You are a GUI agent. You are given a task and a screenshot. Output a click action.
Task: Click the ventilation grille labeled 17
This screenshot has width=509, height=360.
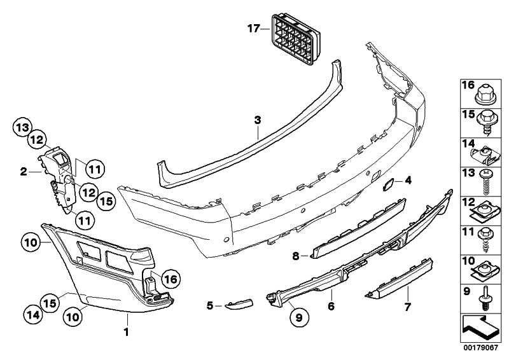tap(295, 39)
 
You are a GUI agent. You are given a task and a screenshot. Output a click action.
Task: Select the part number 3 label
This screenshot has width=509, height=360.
tap(258, 120)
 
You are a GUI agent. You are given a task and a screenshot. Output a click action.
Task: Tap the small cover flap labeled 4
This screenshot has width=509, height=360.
tap(389, 184)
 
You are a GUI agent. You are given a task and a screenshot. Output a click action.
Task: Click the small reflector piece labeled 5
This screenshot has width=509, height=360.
tap(240, 304)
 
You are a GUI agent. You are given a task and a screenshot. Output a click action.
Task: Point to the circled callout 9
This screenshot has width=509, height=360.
tap(299, 317)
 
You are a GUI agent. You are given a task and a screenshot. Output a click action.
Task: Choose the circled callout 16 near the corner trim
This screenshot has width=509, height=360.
tap(171, 279)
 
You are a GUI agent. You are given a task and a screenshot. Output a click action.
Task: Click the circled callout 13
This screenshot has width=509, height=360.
tap(23, 128)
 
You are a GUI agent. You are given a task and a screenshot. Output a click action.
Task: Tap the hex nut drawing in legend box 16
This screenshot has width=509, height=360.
tap(485, 95)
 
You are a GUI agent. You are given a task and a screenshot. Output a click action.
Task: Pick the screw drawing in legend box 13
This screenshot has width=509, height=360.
tap(485, 183)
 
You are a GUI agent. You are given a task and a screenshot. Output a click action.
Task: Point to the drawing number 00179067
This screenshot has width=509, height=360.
tap(480, 348)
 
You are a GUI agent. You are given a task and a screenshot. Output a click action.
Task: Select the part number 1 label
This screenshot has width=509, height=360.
tap(127, 332)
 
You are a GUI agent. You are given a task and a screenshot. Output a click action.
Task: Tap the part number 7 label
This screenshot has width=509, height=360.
tap(407, 307)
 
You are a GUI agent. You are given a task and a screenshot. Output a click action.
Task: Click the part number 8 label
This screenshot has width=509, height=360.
tap(295, 256)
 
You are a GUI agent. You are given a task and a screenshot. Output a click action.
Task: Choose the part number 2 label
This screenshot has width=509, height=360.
tap(24, 171)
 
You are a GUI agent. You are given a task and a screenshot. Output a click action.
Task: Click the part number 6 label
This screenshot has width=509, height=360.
tap(331, 306)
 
